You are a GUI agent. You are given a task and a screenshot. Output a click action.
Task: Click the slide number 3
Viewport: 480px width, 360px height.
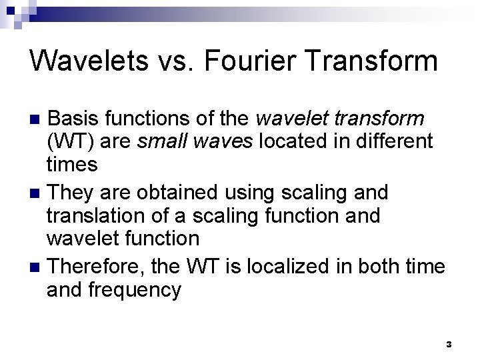[449, 345]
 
